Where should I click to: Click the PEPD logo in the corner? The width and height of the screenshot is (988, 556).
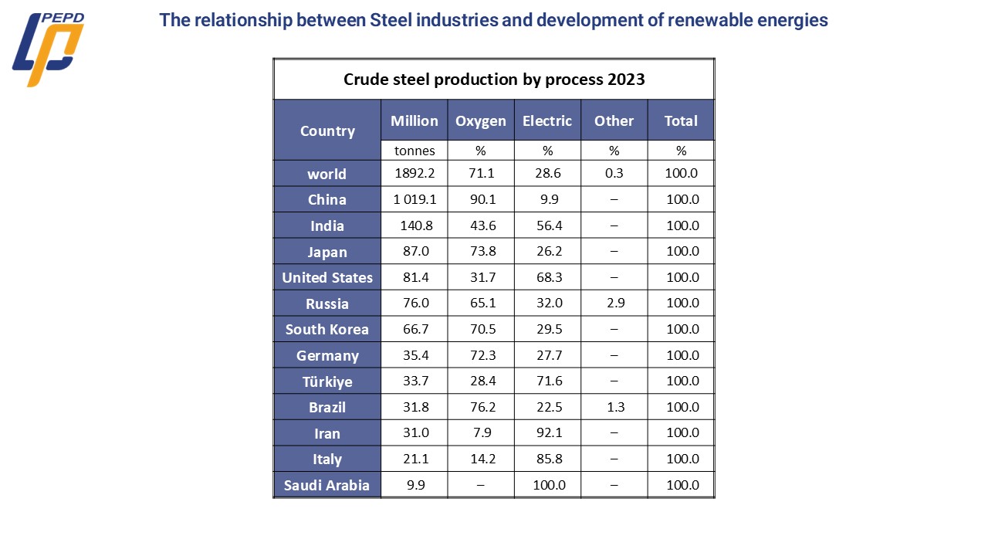click(48, 50)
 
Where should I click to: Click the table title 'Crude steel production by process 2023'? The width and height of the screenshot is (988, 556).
click(494, 80)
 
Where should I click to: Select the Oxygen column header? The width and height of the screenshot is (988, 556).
click(481, 120)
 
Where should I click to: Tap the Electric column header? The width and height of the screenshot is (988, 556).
click(547, 120)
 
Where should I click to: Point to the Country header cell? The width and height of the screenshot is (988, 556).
click(327, 131)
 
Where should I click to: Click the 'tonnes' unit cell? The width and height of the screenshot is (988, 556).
click(414, 151)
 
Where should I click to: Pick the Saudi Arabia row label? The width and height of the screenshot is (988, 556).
click(327, 485)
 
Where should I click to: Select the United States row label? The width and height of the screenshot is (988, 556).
click(327, 277)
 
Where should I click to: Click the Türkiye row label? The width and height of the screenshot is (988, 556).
click(327, 381)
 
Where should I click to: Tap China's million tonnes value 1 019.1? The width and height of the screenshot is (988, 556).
click(414, 199)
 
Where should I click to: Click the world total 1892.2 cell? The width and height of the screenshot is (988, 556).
click(414, 173)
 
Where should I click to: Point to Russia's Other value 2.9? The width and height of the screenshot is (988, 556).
click(614, 303)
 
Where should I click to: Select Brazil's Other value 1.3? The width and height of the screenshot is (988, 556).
click(614, 407)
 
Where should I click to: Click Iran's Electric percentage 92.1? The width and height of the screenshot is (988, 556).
click(547, 432)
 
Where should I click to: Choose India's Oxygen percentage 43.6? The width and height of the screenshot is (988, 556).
click(481, 225)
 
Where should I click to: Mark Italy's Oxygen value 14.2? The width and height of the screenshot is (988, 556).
click(481, 459)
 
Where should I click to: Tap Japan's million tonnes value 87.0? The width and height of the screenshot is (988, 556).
click(414, 251)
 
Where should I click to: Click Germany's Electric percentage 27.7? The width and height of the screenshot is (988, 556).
click(547, 355)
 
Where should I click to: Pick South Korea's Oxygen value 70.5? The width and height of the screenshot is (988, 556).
click(481, 329)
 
